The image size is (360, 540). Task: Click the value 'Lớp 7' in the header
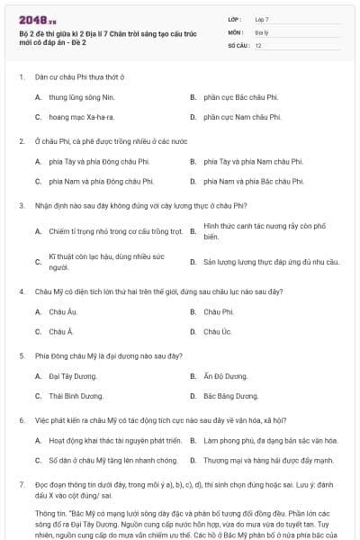pos(262,19)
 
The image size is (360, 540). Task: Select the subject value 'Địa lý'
pos(260,31)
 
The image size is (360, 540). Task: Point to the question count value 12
pos(258,45)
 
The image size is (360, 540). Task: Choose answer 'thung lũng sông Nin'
pos(83,96)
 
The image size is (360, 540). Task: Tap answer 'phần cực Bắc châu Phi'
pos(241,96)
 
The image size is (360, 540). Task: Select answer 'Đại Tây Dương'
pos(72,375)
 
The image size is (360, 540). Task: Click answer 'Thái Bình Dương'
pos(76,396)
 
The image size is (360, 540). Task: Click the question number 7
pos(21,485)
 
